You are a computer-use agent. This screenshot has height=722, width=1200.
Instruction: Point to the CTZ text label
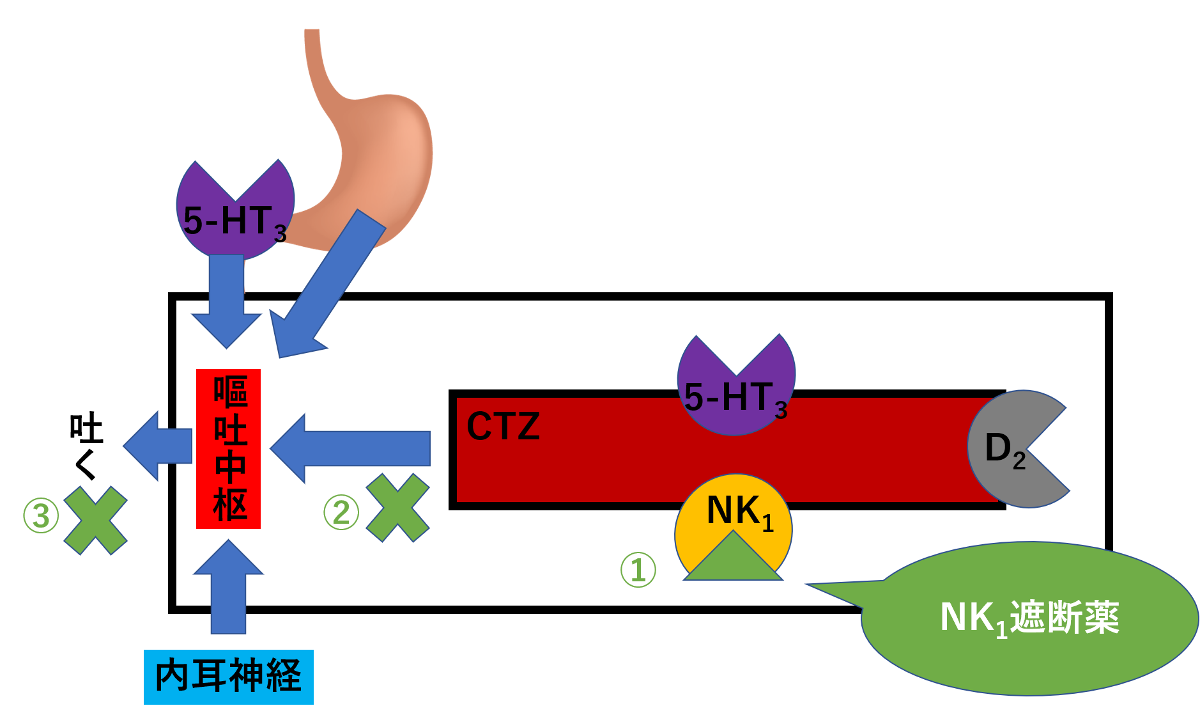pyautogui.click(x=503, y=427)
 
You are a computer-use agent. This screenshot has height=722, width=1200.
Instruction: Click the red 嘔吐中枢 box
pyautogui.click(x=228, y=448)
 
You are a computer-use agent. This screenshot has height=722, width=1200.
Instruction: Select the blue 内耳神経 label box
pyautogui.click(x=228, y=677)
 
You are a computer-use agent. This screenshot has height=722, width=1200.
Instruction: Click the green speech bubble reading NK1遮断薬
pyautogui.click(x=1029, y=618)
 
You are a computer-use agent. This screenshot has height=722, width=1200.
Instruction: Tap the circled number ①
pyautogui.click(x=638, y=570)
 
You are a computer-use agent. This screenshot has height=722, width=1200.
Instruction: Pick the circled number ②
pyautogui.click(x=341, y=513)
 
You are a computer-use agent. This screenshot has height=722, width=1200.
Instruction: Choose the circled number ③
pyautogui.click(x=42, y=516)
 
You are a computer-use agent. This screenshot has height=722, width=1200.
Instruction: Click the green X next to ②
pyautogui.click(x=397, y=508)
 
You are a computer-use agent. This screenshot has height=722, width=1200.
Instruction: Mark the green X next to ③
pyautogui.click(x=96, y=520)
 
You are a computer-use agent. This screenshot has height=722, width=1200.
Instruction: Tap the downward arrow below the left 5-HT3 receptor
pyautogui.click(x=226, y=301)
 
